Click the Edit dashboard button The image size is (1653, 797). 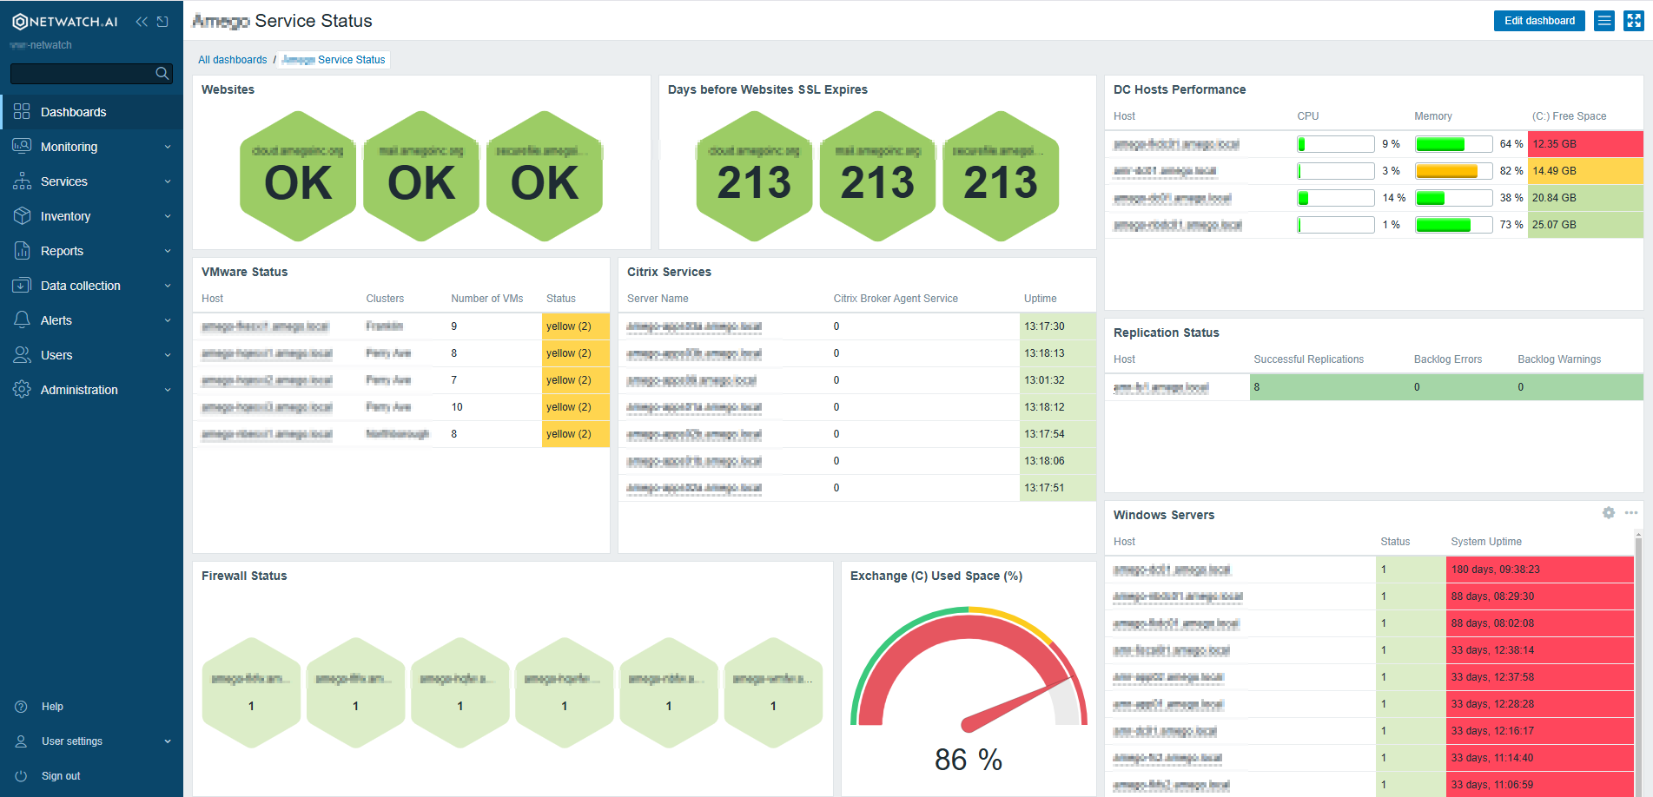pos(1538,21)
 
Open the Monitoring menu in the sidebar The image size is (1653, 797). pos(69,147)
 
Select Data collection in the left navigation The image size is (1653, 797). pos(80,286)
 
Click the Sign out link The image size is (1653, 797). pos(61,776)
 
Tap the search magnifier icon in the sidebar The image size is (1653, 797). pos(162,74)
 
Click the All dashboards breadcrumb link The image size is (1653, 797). pos(232,60)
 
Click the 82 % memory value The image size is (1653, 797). pos(1511,171)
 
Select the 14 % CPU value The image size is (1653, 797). pos(1393,198)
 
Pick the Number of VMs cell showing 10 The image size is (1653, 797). pos(457,407)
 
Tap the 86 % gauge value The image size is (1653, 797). pos(968,760)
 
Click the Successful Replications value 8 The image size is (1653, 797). pos(1257,387)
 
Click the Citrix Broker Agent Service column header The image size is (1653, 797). pos(895,299)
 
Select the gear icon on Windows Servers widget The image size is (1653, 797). pos(1608,513)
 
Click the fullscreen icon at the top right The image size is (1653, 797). pos(1633,21)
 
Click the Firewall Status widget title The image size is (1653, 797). pos(244,576)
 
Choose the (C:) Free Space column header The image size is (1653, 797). pos(1569,116)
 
